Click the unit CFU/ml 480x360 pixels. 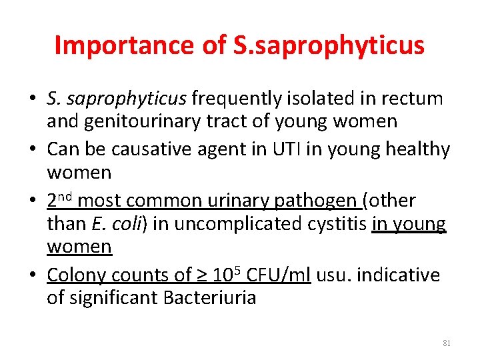[x=277, y=275]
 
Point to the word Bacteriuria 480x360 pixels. [x=208, y=297]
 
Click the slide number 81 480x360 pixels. [x=447, y=343]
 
